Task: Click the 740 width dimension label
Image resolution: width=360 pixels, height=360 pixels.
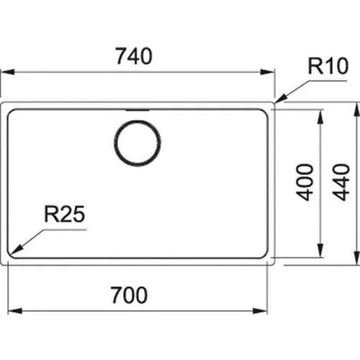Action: pos(134,56)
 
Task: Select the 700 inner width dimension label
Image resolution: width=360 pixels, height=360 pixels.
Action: pos(129,295)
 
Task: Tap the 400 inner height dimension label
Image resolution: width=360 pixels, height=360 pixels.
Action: pos(305,182)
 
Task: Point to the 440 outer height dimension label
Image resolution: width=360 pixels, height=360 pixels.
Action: pos(341,182)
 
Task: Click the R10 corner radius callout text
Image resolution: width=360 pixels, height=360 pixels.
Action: pos(328,66)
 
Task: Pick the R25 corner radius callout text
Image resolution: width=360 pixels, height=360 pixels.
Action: pos(65,214)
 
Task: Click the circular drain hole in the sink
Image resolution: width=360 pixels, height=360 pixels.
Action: pos(138,143)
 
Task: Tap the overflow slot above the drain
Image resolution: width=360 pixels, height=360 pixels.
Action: pos(138,110)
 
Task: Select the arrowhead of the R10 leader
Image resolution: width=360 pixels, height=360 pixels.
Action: pos(281,99)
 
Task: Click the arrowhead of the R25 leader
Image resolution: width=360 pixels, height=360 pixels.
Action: pos(17,249)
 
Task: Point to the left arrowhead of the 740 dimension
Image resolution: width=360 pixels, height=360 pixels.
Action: pos(8,72)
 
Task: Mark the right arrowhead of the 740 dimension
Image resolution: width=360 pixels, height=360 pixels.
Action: pos(267,72)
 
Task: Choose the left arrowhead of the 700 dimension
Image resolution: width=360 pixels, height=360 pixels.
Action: pos(15,311)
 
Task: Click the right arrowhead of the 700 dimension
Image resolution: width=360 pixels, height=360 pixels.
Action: pos(260,311)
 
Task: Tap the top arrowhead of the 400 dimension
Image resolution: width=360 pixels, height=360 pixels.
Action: pos(320,117)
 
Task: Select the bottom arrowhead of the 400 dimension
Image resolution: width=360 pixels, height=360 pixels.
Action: pos(320,251)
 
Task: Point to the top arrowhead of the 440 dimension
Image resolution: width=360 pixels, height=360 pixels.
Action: pos(357,109)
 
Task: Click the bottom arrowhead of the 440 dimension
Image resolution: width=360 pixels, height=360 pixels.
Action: pos(357,258)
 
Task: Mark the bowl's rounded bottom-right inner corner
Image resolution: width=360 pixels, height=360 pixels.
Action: pos(265,256)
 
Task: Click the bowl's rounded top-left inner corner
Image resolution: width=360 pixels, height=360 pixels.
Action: pos(10,112)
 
